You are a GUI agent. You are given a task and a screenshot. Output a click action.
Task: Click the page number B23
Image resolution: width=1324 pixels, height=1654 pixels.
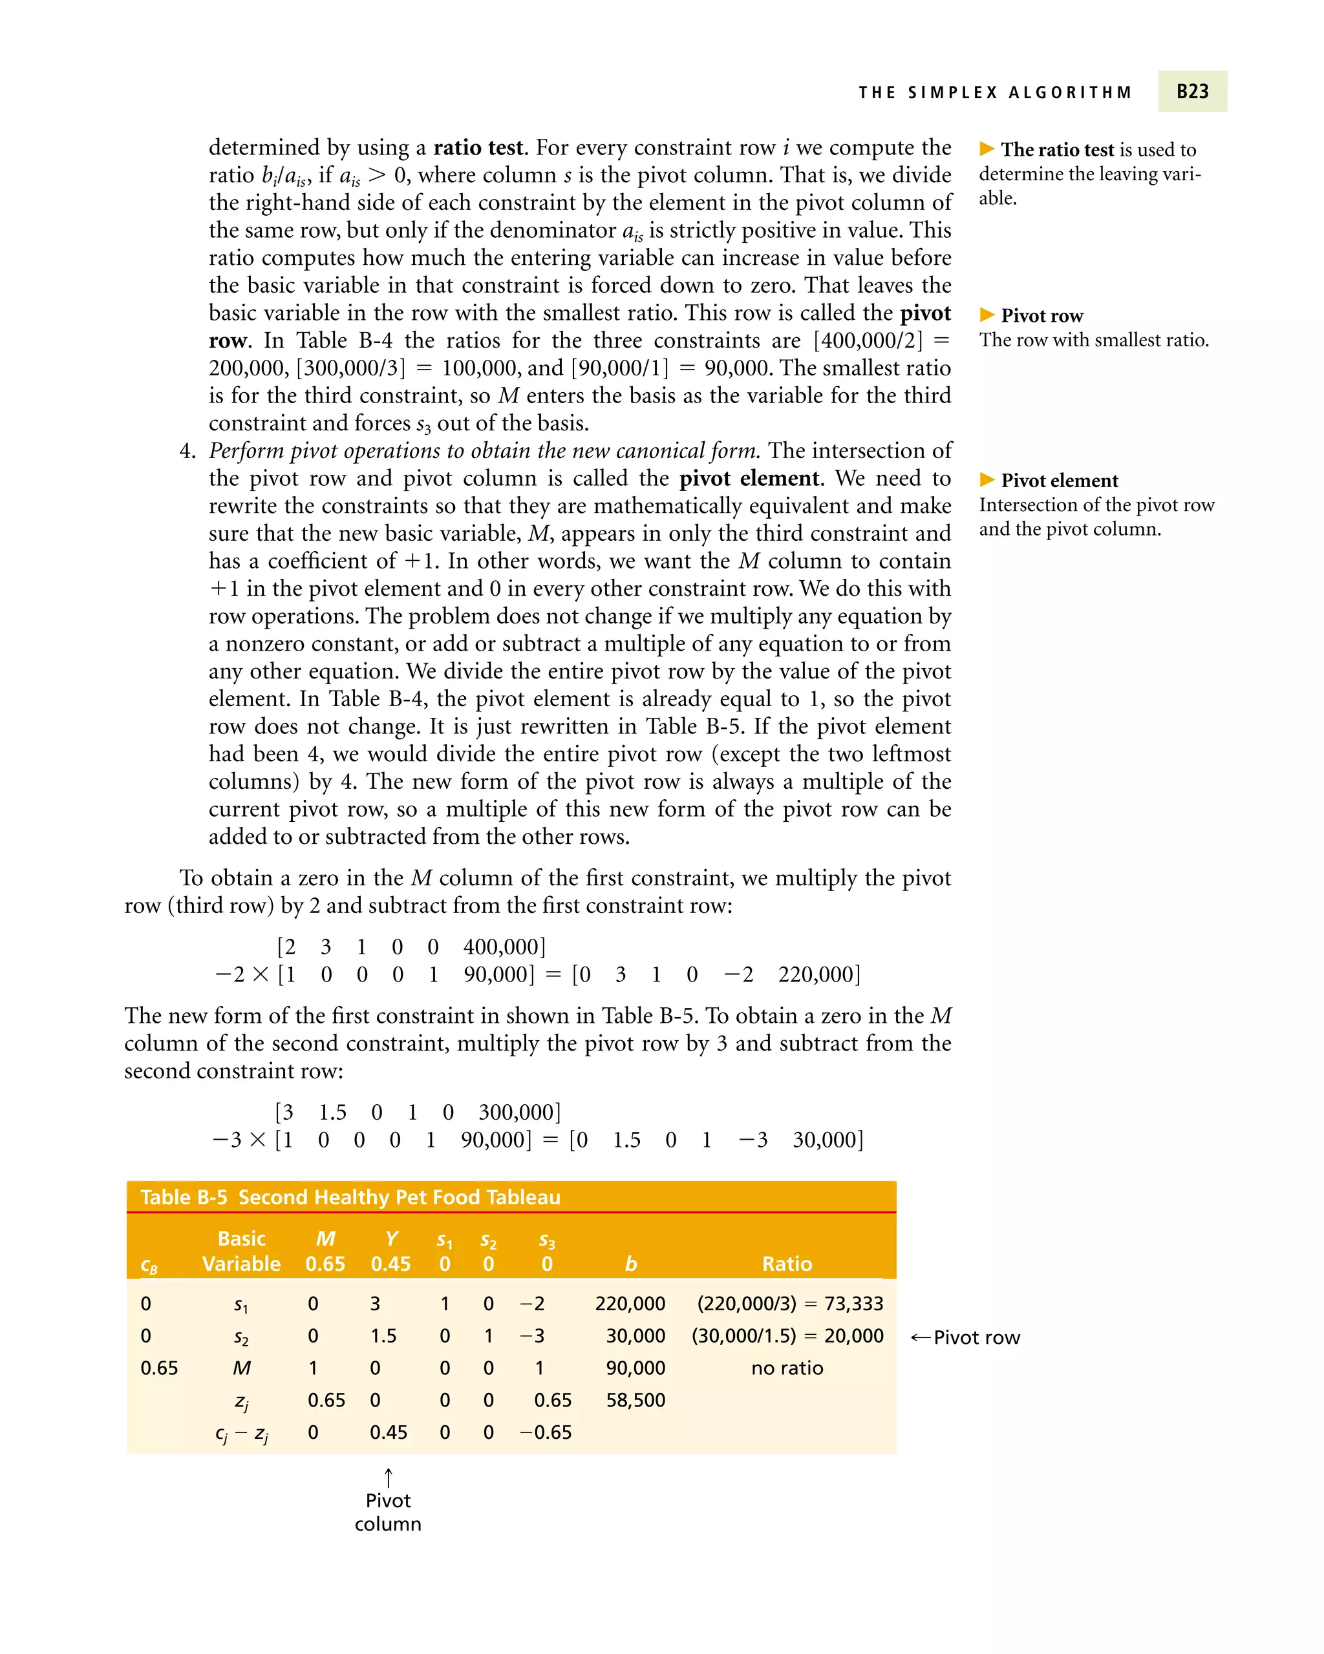(1192, 91)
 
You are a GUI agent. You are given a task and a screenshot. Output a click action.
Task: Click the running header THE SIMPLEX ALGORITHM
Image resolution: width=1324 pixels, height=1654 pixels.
(995, 93)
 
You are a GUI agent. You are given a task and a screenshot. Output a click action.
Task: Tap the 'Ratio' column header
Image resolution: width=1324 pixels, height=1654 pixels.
(787, 1264)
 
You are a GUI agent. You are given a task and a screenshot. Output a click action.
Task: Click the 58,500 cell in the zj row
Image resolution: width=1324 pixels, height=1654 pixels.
(635, 1400)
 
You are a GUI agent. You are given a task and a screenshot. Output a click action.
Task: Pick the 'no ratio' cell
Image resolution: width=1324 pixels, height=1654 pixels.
(787, 1368)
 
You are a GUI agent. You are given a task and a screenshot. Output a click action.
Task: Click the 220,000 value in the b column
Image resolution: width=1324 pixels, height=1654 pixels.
(630, 1303)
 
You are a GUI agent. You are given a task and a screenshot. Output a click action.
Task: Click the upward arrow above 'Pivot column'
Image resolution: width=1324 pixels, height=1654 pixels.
(389, 1477)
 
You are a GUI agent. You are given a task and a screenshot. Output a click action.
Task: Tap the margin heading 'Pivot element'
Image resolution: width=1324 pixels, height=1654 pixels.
(1059, 481)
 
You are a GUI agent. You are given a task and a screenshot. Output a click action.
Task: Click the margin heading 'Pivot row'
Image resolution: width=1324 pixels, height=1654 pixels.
(1041, 316)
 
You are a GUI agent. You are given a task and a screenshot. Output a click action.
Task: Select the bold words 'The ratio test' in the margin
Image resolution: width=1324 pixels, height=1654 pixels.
(1057, 150)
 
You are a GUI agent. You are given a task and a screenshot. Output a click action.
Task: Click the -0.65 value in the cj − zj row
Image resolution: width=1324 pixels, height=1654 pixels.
(546, 1432)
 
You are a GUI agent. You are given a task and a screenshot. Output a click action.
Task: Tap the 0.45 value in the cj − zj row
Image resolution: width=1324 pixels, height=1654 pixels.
(389, 1432)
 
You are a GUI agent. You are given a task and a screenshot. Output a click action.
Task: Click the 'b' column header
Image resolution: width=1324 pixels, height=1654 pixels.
(631, 1264)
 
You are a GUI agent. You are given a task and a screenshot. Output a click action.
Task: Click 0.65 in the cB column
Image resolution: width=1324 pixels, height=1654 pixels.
(159, 1368)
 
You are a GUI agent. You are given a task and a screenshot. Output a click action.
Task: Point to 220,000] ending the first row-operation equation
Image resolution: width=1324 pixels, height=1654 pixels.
(819, 974)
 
